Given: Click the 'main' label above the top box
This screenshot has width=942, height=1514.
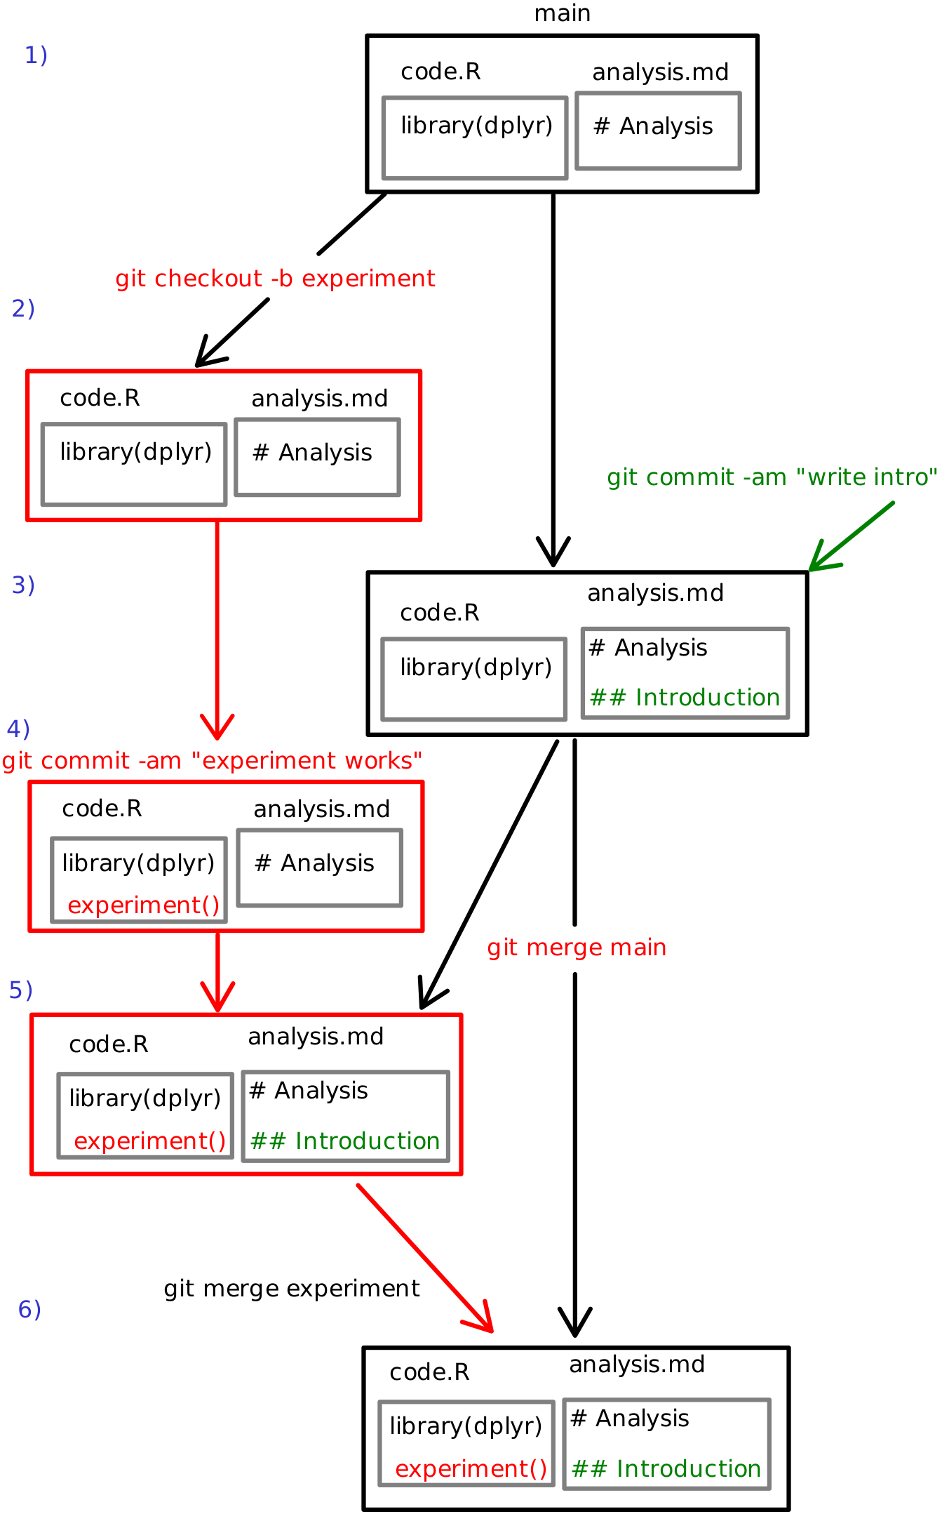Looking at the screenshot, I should tap(562, 13).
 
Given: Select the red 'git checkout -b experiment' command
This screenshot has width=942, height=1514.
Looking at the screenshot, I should tap(275, 279).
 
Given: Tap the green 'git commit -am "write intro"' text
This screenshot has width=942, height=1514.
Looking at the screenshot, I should tap(772, 477).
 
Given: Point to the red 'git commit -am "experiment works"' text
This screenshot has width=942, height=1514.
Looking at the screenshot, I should tap(212, 761).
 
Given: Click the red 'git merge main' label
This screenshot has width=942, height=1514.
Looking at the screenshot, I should tap(577, 948).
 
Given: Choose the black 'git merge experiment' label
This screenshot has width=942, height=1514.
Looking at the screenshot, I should tap(292, 1289).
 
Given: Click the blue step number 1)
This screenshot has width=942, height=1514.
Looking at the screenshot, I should tap(36, 55).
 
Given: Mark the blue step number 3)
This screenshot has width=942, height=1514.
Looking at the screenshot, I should tap(23, 585).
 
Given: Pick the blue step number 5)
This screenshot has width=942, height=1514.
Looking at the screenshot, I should tap(21, 990).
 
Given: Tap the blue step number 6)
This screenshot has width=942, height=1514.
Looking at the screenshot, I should tap(29, 1309).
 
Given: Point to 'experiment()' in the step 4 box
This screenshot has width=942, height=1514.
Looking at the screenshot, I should tap(144, 905).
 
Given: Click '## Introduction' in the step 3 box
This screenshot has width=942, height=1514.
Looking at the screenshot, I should tap(685, 698).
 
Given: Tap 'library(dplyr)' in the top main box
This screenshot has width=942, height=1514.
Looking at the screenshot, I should tap(476, 126).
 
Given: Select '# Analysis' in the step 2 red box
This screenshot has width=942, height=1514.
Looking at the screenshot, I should tap(312, 453).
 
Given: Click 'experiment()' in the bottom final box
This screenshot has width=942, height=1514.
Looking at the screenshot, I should tap(471, 1468).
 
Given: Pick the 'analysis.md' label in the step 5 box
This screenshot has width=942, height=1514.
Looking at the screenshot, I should tap(316, 1037).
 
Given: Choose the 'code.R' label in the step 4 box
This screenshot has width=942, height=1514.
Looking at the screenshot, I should tap(102, 809).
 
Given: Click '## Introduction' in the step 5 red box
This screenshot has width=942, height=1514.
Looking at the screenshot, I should tap(345, 1141).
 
